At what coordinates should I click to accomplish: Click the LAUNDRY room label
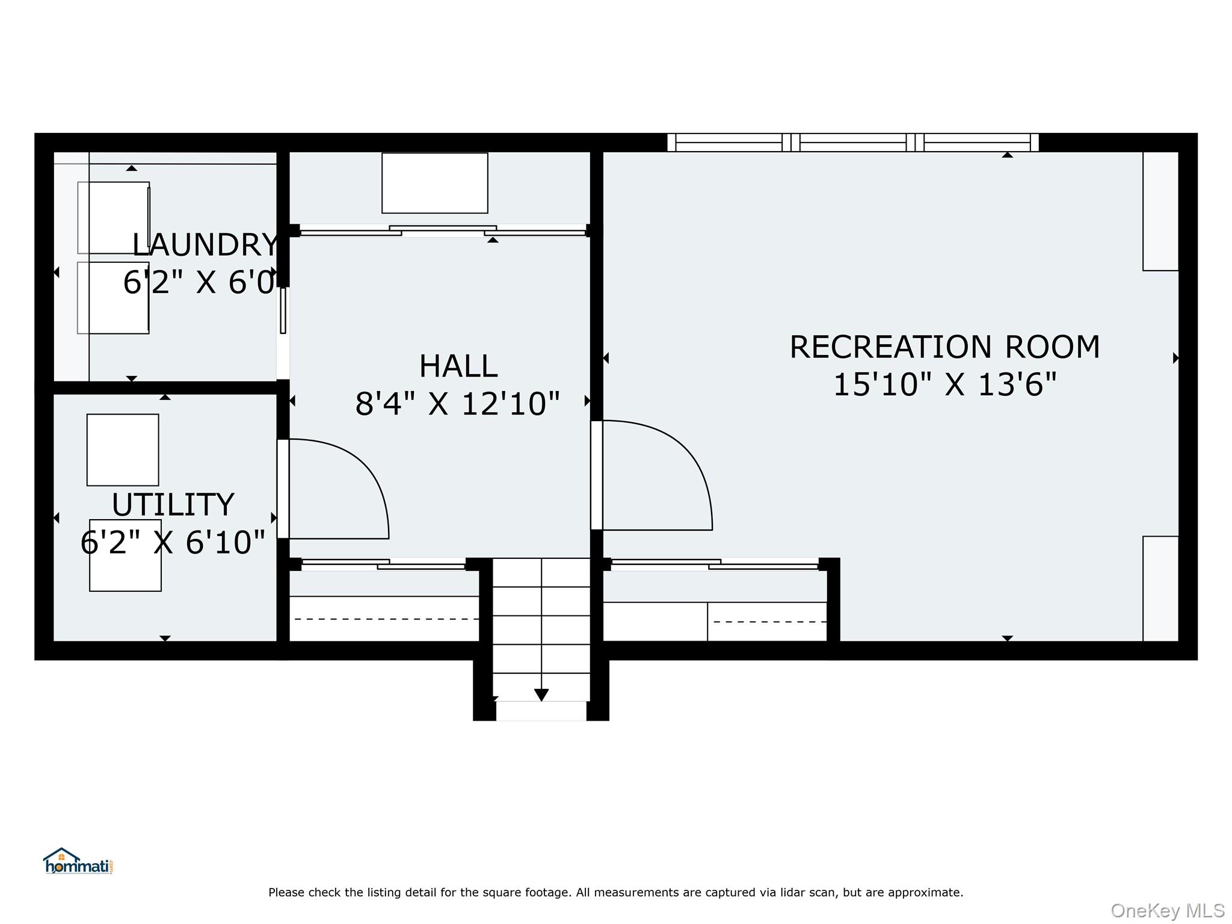[205, 245]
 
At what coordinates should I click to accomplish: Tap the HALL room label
[458, 366]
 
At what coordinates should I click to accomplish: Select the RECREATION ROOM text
[944, 347]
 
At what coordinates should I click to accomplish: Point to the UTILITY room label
[173, 505]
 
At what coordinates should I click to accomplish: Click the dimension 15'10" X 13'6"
[944, 384]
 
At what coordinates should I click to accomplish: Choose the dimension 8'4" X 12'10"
[458, 404]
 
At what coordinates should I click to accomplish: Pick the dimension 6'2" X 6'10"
[173, 543]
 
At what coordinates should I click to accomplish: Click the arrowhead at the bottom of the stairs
[541, 695]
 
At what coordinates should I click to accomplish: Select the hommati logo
[78, 861]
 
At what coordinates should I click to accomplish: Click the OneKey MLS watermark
[1168, 911]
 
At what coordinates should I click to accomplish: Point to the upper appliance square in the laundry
[114, 218]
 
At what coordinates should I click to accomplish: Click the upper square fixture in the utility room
[123, 450]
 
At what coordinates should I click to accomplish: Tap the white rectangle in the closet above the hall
[435, 183]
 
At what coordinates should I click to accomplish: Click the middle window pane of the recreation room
[853, 143]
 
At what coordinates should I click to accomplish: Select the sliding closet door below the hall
[383, 564]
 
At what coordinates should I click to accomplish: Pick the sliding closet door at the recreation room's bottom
[715, 564]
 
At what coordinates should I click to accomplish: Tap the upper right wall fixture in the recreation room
[1160, 211]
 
